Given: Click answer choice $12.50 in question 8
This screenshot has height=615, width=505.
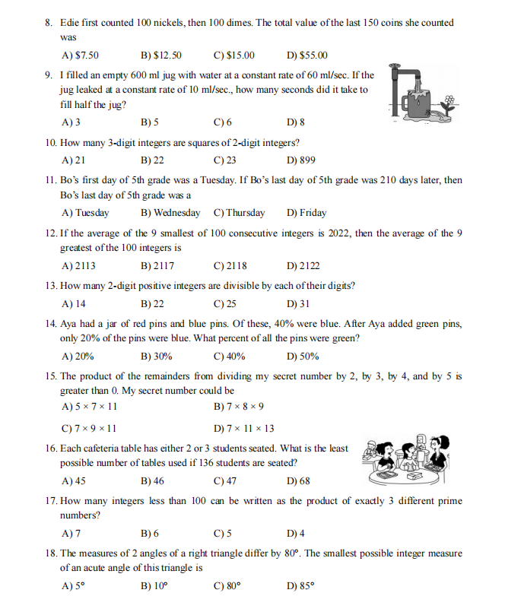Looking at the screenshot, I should (161, 55).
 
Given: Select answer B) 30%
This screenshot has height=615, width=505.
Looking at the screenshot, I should (157, 357).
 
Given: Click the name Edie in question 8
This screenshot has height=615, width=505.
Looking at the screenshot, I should (71, 23).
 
